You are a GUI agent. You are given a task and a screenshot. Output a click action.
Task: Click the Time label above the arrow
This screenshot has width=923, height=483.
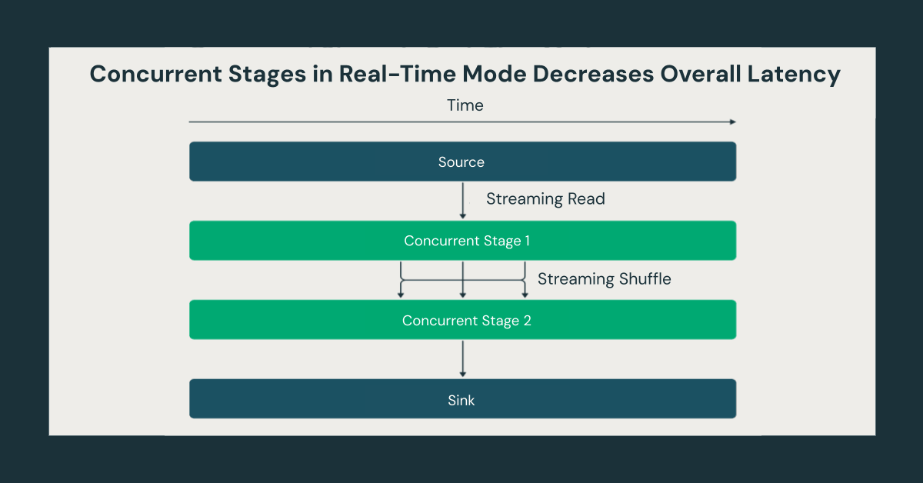[x=465, y=105]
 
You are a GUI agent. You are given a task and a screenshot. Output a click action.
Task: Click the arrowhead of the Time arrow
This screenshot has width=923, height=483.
[x=732, y=122]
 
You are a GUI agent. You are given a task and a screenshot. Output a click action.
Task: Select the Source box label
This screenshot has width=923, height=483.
[x=461, y=162]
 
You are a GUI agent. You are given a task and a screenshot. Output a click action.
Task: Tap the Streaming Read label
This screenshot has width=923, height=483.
[x=545, y=199]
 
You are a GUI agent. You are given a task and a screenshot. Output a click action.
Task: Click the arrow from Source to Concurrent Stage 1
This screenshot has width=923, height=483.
[x=462, y=201]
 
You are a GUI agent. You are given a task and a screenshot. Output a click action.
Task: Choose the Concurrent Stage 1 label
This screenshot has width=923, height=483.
[x=467, y=241]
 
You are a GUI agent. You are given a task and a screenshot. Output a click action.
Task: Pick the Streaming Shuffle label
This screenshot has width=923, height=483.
[x=604, y=279]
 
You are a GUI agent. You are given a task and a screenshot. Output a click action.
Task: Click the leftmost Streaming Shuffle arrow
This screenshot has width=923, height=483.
[x=401, y=281]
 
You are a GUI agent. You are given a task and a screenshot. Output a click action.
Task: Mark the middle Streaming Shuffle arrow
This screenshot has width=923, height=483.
[x=462, y=281]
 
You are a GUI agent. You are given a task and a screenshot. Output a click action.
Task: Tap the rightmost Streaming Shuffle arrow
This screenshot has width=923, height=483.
[x=525, y=281]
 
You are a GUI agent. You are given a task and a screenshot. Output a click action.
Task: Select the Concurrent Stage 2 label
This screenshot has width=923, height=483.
[x=467, y=321]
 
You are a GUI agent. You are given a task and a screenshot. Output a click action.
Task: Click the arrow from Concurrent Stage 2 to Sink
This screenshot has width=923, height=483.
[x=462, y=358]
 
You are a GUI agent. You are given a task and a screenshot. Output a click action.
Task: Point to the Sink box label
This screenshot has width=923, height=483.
[x=461, y=400]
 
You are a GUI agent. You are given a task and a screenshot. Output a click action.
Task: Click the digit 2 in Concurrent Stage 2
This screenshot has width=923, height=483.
[x=527, y=321]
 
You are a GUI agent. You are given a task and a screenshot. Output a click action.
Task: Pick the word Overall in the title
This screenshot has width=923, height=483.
[x=701, y=75]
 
